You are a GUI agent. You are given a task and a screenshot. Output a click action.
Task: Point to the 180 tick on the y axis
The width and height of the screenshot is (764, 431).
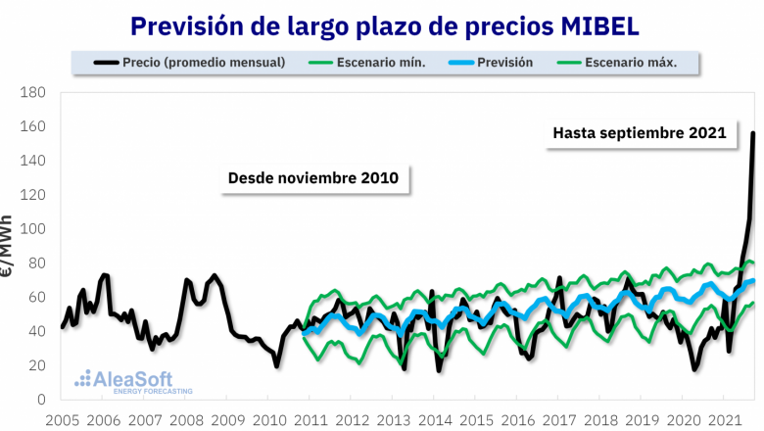(33, 92)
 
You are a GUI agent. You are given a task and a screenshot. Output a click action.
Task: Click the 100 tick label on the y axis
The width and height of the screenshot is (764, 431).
(33, 229)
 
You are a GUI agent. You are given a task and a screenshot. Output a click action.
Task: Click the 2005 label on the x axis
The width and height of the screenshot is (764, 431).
(62, 420)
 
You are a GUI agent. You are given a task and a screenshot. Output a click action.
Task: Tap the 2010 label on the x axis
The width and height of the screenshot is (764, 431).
(269, 420)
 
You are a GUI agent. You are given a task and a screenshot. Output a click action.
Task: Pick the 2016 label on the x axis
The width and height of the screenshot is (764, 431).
(517, 420)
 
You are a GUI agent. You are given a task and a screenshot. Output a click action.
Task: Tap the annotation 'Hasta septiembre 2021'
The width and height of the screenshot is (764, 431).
(639, 132)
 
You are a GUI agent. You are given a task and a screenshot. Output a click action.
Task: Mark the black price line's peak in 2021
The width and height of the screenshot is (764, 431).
(752, 133)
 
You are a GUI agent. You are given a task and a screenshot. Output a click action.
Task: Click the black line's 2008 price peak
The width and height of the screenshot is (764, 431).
(214, 276)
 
